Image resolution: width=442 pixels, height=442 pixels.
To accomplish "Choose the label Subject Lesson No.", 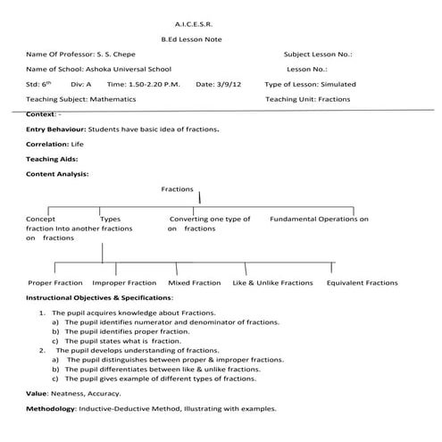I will click(317, 54).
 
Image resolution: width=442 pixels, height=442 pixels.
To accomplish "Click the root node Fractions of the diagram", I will click(178, 189).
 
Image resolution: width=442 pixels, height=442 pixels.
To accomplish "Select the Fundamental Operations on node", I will click(319, 219).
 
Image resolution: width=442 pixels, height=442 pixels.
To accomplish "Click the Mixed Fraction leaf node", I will click(194, 282).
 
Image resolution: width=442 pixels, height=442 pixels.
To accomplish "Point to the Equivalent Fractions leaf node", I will click(362, 282).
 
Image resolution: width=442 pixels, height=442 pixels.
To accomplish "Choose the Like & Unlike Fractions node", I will click(272, 282).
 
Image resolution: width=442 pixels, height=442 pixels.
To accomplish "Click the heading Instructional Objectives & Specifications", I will click(99, 296).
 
